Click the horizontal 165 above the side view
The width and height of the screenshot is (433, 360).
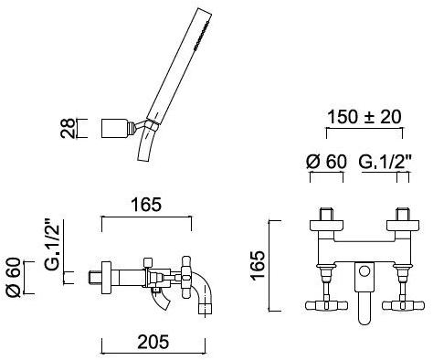click(146, 205)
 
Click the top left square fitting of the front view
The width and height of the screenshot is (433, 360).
click(323, 219)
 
